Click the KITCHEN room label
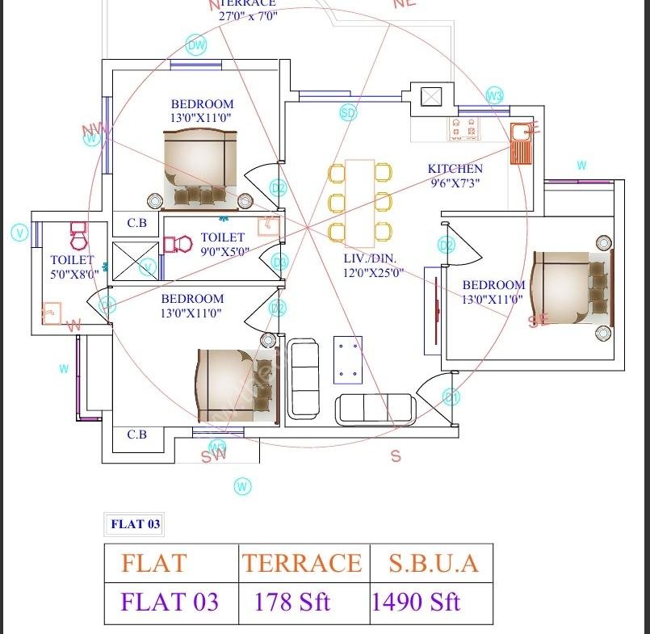click(x=455, y=169)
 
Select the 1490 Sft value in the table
click(x=416, y=602)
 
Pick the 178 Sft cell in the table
click(x=292, y=602)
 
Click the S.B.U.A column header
click(x=433, y=563)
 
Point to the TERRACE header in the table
click(x=303, y=563)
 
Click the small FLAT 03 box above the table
click(x=136, y=524)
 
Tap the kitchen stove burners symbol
click(x=464, y=127)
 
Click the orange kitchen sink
click(x=522, y=143)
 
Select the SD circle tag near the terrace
click(x=348, y=113)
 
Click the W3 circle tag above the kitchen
click(x=495, y=96)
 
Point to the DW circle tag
click(x=196, y=45)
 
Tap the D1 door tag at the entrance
click(x=451, y=397)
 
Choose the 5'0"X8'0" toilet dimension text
click(x=73, y=274)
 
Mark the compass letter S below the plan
click(x=396, y=456)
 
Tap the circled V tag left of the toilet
click(x=19, y=233)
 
